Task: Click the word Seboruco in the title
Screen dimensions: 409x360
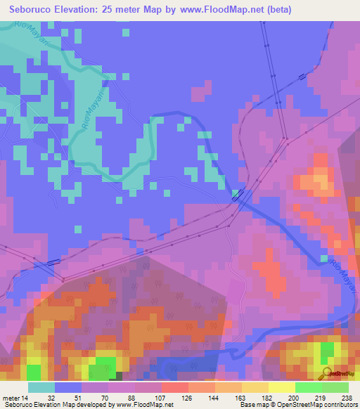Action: [x=35, y=10]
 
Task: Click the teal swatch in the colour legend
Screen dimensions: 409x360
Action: [x=41, y=387]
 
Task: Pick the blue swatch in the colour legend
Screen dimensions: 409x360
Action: [x=68, y=387]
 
